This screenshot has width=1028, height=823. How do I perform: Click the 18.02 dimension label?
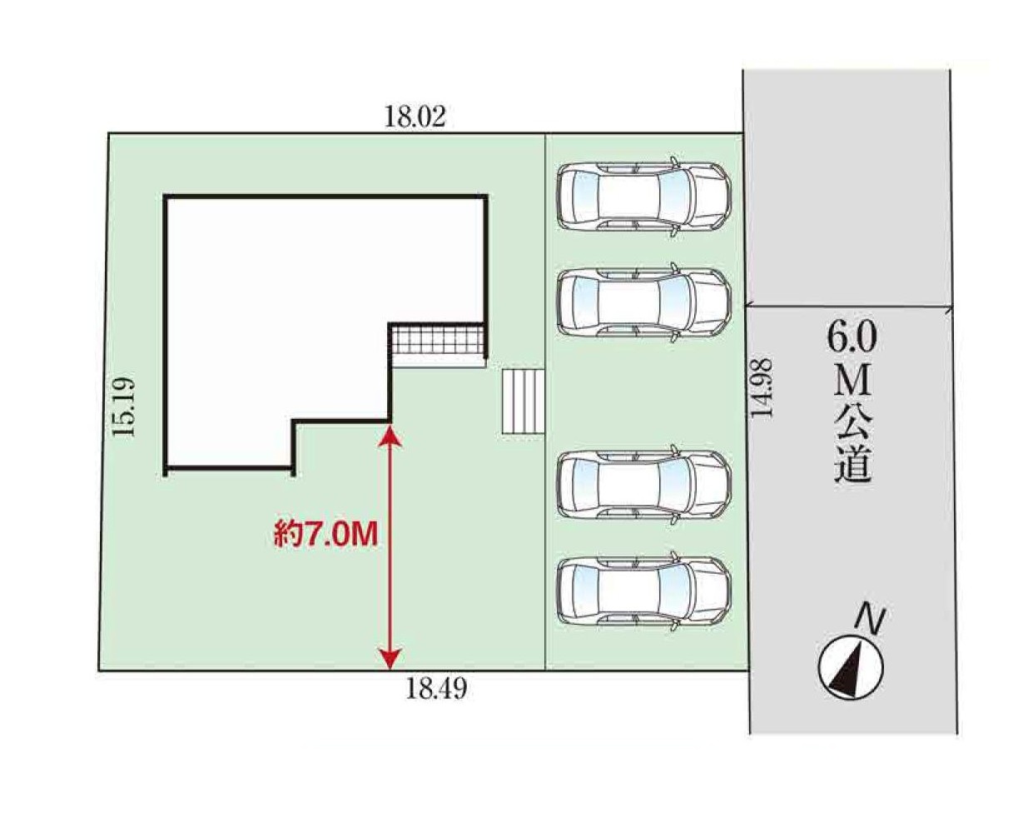(415, 117)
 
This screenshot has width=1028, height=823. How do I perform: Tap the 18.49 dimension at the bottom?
(436, 689)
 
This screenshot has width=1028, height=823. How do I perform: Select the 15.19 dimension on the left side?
(124, 407)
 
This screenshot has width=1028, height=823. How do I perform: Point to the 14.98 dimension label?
(761, 388)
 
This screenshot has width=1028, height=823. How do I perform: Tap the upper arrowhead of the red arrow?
(390, 436)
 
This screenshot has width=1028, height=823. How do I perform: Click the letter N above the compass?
(872, 621)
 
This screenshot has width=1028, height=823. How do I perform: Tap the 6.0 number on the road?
(852, 339)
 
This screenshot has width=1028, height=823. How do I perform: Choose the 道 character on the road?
(853, 464)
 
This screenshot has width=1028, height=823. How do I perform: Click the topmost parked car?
(644, 197)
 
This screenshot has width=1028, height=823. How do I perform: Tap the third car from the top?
(644, 485)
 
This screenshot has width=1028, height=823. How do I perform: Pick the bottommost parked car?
(644, 591)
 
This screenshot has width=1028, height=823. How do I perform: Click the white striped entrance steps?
(523, 402)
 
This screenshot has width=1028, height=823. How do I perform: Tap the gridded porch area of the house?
(437, 340)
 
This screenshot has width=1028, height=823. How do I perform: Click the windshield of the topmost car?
(675, 197)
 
